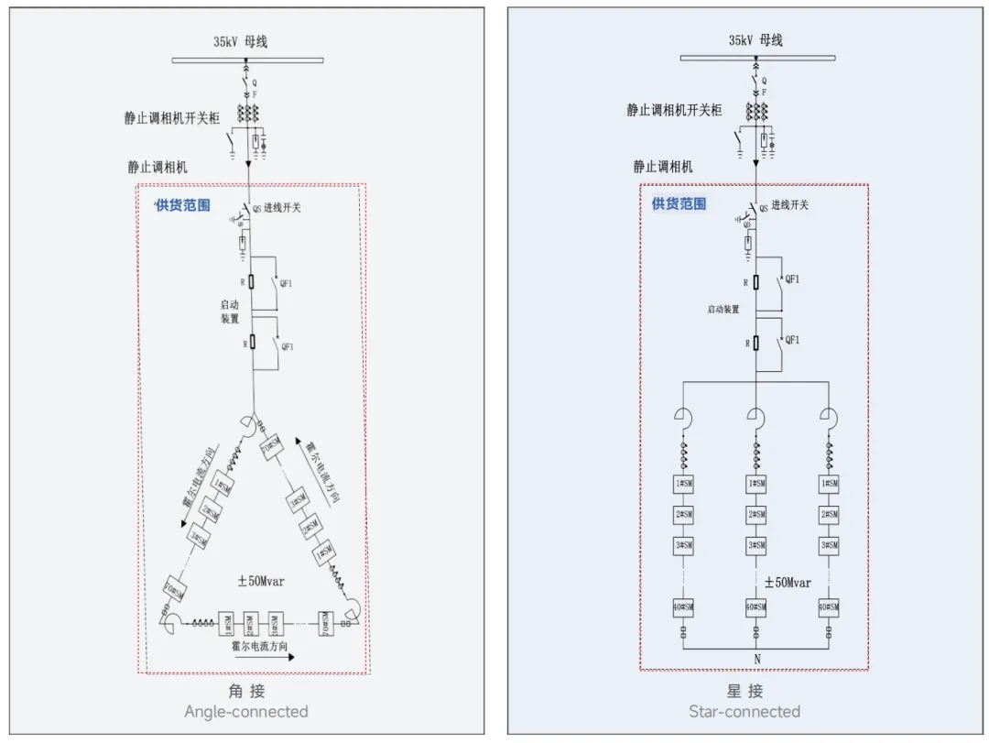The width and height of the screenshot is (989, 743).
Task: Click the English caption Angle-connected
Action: click(246, 712)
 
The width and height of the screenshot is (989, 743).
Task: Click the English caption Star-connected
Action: click(744, 712)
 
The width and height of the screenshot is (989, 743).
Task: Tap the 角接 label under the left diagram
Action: click(246, 691)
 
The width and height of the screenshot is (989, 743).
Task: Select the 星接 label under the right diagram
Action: click(744, 691)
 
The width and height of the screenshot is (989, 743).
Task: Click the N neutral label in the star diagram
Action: click(757, 659)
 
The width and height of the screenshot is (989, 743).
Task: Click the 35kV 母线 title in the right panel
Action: click(755, 40)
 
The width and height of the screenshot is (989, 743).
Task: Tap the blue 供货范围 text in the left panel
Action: click(182, 205)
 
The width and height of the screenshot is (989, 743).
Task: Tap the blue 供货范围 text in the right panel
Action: click(679, 203)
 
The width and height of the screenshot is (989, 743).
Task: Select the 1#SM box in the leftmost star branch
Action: click(683, 484)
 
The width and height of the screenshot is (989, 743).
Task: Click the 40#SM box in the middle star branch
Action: click(755, 606)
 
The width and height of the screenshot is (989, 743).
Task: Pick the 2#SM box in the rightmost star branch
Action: click(829, 515)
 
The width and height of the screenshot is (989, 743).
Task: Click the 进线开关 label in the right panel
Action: click(790, 205)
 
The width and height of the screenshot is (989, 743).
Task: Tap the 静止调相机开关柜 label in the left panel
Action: click(172, 118)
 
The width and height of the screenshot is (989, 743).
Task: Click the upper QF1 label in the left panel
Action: click(287, 283)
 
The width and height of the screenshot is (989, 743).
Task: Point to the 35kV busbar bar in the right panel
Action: click(756, 58)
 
